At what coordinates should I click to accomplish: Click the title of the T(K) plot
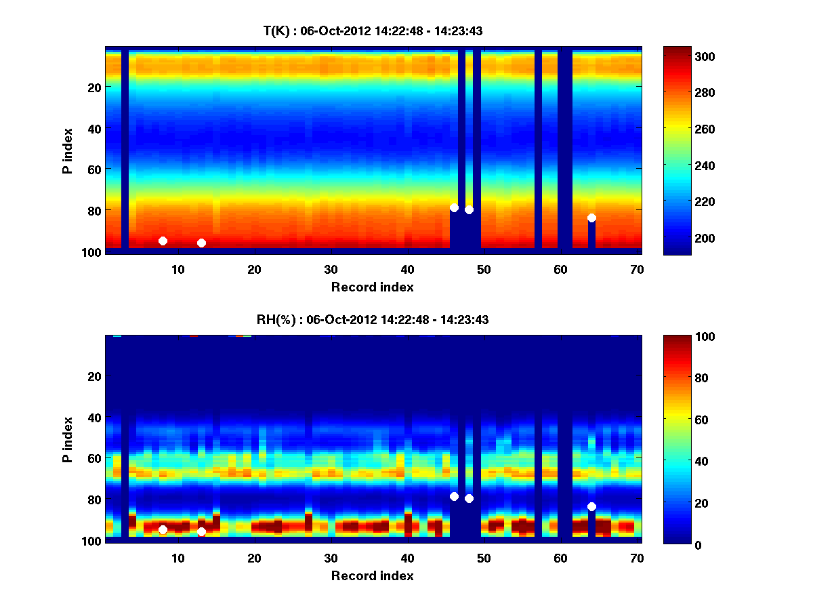point(373,30)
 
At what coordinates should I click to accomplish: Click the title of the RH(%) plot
point(373,320)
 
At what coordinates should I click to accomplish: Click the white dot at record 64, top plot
point(591,218)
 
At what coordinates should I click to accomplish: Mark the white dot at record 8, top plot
point(163,241)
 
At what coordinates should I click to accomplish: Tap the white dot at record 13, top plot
point(201,243)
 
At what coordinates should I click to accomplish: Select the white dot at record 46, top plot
point(454,207)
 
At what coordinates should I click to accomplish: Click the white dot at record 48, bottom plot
point(469,498)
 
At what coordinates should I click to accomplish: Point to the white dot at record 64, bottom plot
point(591,506)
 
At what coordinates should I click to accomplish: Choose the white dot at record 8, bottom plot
point(163,529)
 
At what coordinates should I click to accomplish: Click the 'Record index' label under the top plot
point(373,287)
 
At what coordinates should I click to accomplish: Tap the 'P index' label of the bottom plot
point(68,439)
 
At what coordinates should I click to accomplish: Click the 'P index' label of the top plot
point(68,150)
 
